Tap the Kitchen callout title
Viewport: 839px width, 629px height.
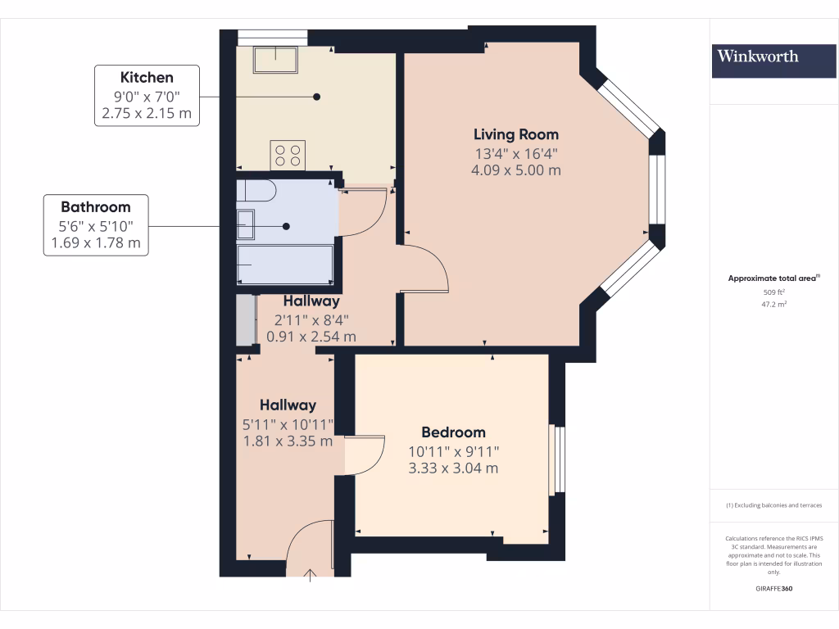point(147,78)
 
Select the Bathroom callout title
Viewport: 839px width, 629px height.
point(95,207)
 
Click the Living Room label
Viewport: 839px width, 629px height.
point(516,134)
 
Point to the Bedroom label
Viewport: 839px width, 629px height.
point(453,432)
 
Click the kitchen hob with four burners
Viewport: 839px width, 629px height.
point(288,155)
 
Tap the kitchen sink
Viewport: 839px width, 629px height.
point(276,58)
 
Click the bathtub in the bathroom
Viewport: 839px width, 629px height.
point(285,264)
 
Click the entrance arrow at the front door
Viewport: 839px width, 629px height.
point(311,576)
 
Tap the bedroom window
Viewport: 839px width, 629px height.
point(556,459)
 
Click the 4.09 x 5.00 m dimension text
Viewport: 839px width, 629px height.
point(516,170)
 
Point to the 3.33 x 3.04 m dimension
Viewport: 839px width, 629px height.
point(453,468)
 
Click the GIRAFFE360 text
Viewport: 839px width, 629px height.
point(774,589)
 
